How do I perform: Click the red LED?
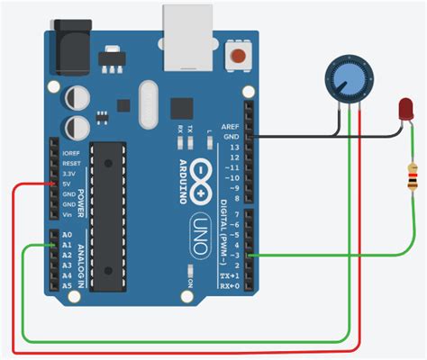click(401, 112)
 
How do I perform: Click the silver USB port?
click(187, 38)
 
